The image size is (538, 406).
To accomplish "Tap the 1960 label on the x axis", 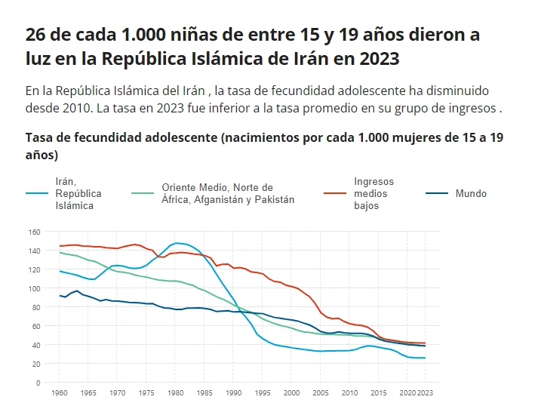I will click(x=60, y=393).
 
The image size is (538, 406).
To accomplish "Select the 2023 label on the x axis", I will click(x=427, y=393).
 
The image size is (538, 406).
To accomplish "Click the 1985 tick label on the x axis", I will click(x=204, y=393).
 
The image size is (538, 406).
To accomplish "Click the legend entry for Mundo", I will click(x=471, y=194).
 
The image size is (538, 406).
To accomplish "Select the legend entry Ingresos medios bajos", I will click(x=374, y=194).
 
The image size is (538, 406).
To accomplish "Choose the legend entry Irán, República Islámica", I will click(x=78, y=194).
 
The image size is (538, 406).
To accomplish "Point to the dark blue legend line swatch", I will click(x=437, y=193).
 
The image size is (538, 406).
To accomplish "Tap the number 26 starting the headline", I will click(x=35, y=34).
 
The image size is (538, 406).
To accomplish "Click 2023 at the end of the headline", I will click(x=380, y=58).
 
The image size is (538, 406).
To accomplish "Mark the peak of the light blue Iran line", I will click(x=176, y=243).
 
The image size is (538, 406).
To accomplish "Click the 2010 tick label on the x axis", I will click(x=349, y=393).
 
